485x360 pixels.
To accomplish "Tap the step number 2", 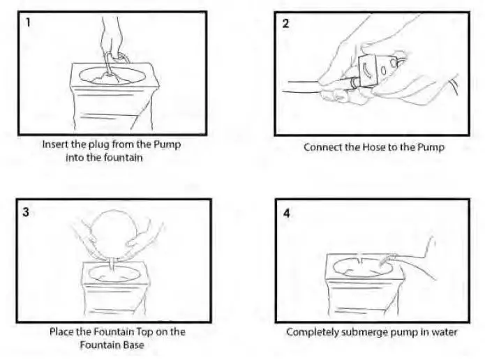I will click(285, 22).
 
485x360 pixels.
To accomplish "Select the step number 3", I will click(26, 211).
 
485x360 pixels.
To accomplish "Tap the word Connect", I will click(322, 147).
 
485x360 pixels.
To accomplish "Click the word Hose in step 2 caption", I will click(369, 147).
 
